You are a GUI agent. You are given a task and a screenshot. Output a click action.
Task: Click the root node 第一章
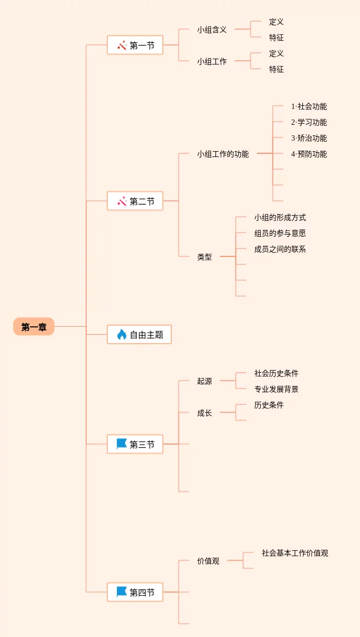click(34, 327)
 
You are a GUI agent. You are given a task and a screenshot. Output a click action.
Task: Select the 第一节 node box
click(135, 45)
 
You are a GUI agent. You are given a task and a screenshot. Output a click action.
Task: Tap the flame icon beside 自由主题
click(122, 335)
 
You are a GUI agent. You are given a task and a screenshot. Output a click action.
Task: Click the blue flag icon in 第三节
click(122, 445)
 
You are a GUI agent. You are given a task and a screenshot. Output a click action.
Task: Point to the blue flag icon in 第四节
click(122, 593)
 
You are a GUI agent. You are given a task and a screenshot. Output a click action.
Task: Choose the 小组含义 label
click(212, 30)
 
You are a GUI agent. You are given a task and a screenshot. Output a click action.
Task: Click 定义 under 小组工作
click(276, 53)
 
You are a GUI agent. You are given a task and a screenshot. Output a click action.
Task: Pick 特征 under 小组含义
click(276, 38)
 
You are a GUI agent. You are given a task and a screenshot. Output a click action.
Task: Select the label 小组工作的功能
click(223, 154)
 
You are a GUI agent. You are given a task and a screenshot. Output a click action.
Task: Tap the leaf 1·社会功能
click(309, 106)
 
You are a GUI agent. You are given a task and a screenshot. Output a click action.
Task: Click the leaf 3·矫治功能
click(309, 138)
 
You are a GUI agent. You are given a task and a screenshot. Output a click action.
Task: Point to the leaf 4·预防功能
click(309, 154)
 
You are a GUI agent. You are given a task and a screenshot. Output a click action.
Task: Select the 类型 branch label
click(205, 257)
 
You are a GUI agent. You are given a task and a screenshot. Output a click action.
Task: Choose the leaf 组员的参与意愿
click(280, 233)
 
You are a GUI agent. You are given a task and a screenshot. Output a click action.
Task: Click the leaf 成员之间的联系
click(280, 249)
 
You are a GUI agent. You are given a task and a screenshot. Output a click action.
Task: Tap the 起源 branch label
click(205, 381)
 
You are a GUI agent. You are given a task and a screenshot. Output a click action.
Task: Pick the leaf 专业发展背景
click(276, 389)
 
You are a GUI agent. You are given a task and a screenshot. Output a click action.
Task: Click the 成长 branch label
click(205, 413)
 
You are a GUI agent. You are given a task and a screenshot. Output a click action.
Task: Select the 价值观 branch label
click(208, 561)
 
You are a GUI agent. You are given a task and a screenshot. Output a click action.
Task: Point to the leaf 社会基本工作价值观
click(295, 553)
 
